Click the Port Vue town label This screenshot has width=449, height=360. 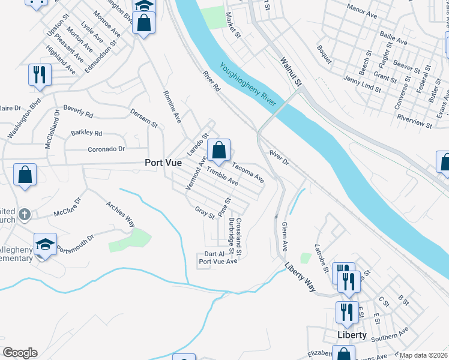(163, 163)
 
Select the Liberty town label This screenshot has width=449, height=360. (352, 335)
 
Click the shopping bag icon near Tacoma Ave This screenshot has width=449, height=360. (219, 149)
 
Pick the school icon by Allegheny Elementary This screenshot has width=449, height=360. (45, 244)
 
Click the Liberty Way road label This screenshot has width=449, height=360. (300, 276)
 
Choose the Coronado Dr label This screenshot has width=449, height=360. (106, 149)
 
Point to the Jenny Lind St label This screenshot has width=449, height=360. (362, 84)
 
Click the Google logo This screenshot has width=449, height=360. (20, 353)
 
